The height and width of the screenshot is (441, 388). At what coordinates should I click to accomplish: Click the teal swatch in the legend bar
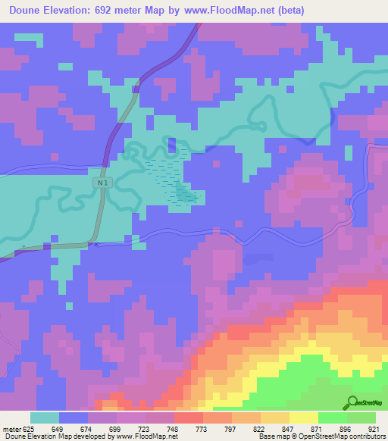[x=45, y=418]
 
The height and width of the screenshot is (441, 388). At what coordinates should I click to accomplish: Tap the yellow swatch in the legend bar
[x=303, y=418]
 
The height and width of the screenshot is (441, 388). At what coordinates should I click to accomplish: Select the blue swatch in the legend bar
[x=74, y=418]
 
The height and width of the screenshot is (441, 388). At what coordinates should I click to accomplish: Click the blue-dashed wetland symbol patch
[x=175, y=178]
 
